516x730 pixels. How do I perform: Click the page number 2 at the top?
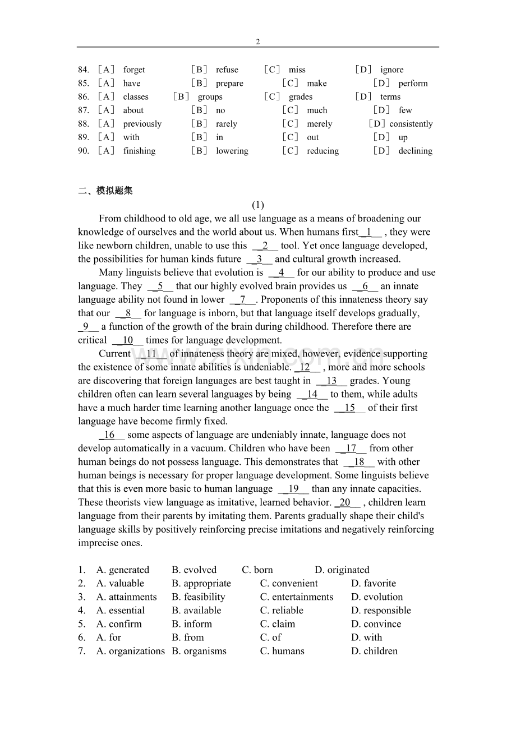[x=257, y=41]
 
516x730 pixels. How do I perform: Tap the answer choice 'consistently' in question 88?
[x=411, y=124]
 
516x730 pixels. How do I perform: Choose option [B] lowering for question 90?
[x=232, y=151]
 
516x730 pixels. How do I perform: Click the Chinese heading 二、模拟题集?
[x=105, y=191]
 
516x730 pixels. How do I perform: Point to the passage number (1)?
[x=257, y=205]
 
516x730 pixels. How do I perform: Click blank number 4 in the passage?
[x=281, y=272]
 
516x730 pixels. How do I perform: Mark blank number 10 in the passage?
[x=128, y=340]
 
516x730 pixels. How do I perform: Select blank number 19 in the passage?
[x=293, y=488]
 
